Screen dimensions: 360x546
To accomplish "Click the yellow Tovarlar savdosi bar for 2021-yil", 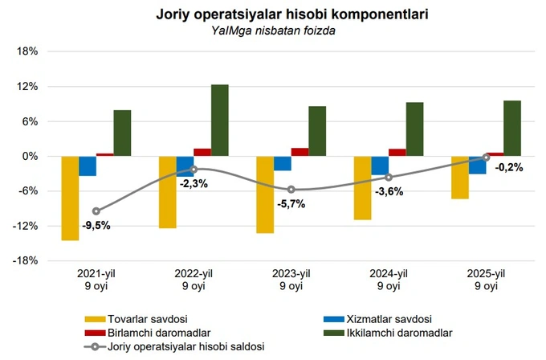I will pyautogui.click(x=70, y=198).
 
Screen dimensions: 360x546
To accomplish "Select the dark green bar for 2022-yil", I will pyautogui.click(x=219, y=121).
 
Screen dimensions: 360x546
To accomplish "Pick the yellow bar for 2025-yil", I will pyautogui.click(x=459, y=177).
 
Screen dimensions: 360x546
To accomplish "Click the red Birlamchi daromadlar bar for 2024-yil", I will pyautogui.click(x=397, y=153).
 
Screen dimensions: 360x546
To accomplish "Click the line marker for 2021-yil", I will pyautogui.click(x=96, y=211).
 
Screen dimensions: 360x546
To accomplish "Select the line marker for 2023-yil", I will pyautogui.click(x=291, y=190).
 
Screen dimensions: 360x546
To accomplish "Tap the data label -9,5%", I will pyautogui.click(x=96, y=226).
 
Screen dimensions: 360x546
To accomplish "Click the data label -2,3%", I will pyautogui.click(x=194, y=183).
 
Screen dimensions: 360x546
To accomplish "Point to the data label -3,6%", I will pyautogui.click(x=389, y=191).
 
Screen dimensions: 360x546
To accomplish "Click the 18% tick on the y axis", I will pyautogui.click(x=27, y=52).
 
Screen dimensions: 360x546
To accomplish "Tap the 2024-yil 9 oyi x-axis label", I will pyautogui.click(x=389, y=280).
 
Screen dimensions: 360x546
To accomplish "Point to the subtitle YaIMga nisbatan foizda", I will pyautogui.click(x=273, y=31).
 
